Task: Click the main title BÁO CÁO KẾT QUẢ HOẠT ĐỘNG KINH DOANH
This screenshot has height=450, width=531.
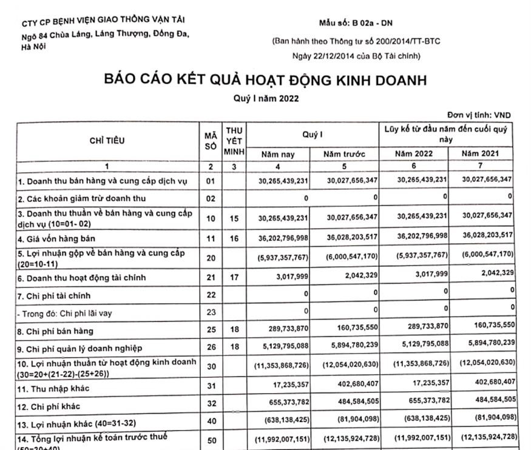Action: [x=265, y=81]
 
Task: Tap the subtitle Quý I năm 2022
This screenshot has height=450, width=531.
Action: [x=266, y=98]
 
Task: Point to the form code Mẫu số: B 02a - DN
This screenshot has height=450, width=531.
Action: [x=356, y=23]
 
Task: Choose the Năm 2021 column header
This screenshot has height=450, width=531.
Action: [x=480, y=154]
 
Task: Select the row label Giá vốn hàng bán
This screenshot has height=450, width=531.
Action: [x=56, y=238]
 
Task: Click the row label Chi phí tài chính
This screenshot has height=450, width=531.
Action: [x=55, y=295]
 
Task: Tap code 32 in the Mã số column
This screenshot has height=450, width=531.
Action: [x=211, y=405]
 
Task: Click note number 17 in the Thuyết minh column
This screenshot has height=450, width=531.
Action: [x=234, y=278]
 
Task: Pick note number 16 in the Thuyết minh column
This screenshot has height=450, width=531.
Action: [x=234, y=238]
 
